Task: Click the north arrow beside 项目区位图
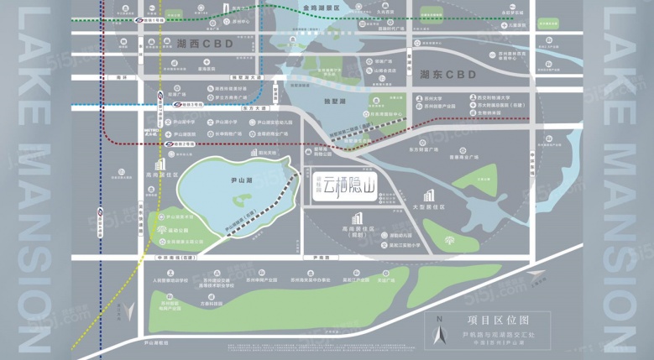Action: [x=438, y=335]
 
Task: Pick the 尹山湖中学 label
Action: [x=184, y=122]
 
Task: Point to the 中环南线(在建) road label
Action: [x=181, y=258]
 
